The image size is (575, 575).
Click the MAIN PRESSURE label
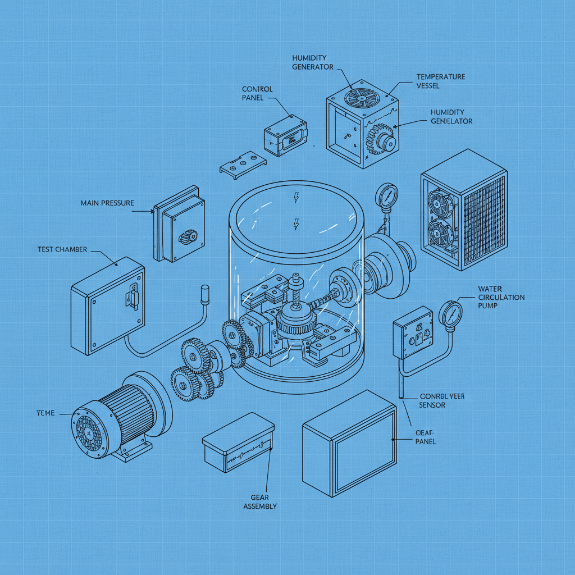pyautogui.click(x=107, y=203)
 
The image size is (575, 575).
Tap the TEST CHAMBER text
pyautogui.click(x=62, y=249)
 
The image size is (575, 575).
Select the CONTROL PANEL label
pyautogui.click(x=257, y=93)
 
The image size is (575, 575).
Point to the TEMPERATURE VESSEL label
pyautogui.click(x=441, y=81)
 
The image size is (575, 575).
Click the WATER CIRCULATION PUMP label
pyautogui.click(x=501, y=297)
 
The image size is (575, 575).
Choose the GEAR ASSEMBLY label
pyautogui.click(x=260, y=501)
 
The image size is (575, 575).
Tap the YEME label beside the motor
pyautogui.click(x=45, y=413)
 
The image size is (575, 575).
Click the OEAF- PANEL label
pyautogui.click(x=426, y=437)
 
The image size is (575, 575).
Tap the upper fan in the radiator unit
pyautogui.click(x=440, y=205)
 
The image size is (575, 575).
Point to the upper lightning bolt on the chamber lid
pyautogui.click(x=296, y=198)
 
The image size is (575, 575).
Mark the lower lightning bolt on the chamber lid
pyautogui.click(x=296, y=225)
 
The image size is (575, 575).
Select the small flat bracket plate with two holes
pyautogui.click(x=242, y=163)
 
